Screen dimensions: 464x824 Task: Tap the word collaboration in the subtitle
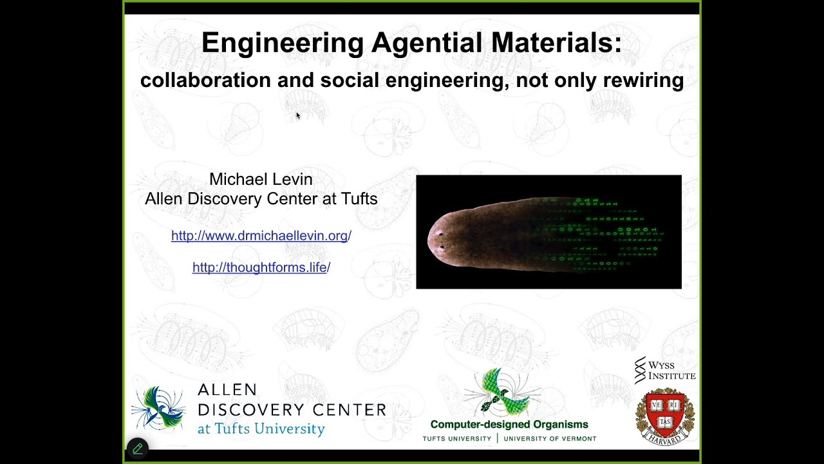tap(205, 81)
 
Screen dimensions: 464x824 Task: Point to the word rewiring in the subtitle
tap(643, 81)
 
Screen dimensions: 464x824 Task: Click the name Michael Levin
tap(261, 179)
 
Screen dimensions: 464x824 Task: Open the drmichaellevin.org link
tap(261, 236)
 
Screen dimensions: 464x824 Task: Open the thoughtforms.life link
tap(261, 267)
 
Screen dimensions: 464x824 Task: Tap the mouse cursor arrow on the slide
tap(298, 116)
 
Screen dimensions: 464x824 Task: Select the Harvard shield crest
tap(665, 416)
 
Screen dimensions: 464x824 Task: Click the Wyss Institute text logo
tap(666, 371)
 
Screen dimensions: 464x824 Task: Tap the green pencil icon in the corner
tap(138, 449)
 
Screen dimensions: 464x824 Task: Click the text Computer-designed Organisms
tap(509, 425)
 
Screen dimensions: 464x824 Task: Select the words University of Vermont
tap(550, 439)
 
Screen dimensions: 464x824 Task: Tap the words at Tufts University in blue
tap(261, 429)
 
